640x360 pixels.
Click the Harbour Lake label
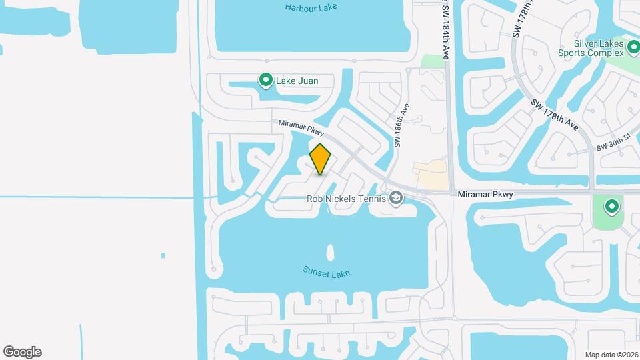(x=311, y=7)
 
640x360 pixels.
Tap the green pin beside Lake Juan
(x=266, y=81)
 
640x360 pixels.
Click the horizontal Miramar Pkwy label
(x=485, y=195)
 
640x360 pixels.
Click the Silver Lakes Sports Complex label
(x=590, y=49)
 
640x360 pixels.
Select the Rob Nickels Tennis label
(x=346, y=199)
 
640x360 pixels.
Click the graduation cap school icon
(x=396, y=198)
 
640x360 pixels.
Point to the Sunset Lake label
(x=326, y=272)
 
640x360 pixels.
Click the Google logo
(x=22, y=352)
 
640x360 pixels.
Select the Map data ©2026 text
(x=610, y=355)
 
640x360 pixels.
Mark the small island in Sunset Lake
(x=330, y=253)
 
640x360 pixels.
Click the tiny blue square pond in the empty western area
(x=163, y=255)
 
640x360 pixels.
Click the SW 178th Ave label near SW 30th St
(x=555, y=115)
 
